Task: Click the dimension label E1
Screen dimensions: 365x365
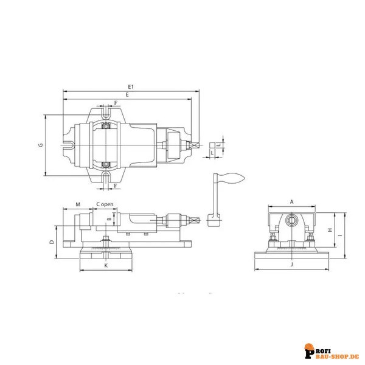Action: (130, 87)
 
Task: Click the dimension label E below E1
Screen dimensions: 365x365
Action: (127, 96)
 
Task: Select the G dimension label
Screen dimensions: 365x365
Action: (40, 145)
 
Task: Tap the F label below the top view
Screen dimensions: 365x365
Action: (116, 186)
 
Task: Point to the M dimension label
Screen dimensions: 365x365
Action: (77, 204)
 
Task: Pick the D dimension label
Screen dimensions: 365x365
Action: (52, 242)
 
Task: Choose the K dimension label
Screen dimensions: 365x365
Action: (105, 266)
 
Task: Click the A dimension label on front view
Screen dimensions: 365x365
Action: (291, 201)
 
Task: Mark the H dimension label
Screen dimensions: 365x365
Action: (329, 230)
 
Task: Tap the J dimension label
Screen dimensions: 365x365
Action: (292, 266)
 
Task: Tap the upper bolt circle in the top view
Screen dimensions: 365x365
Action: (106, 126)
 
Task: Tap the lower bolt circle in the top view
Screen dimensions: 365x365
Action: (106, 164)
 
